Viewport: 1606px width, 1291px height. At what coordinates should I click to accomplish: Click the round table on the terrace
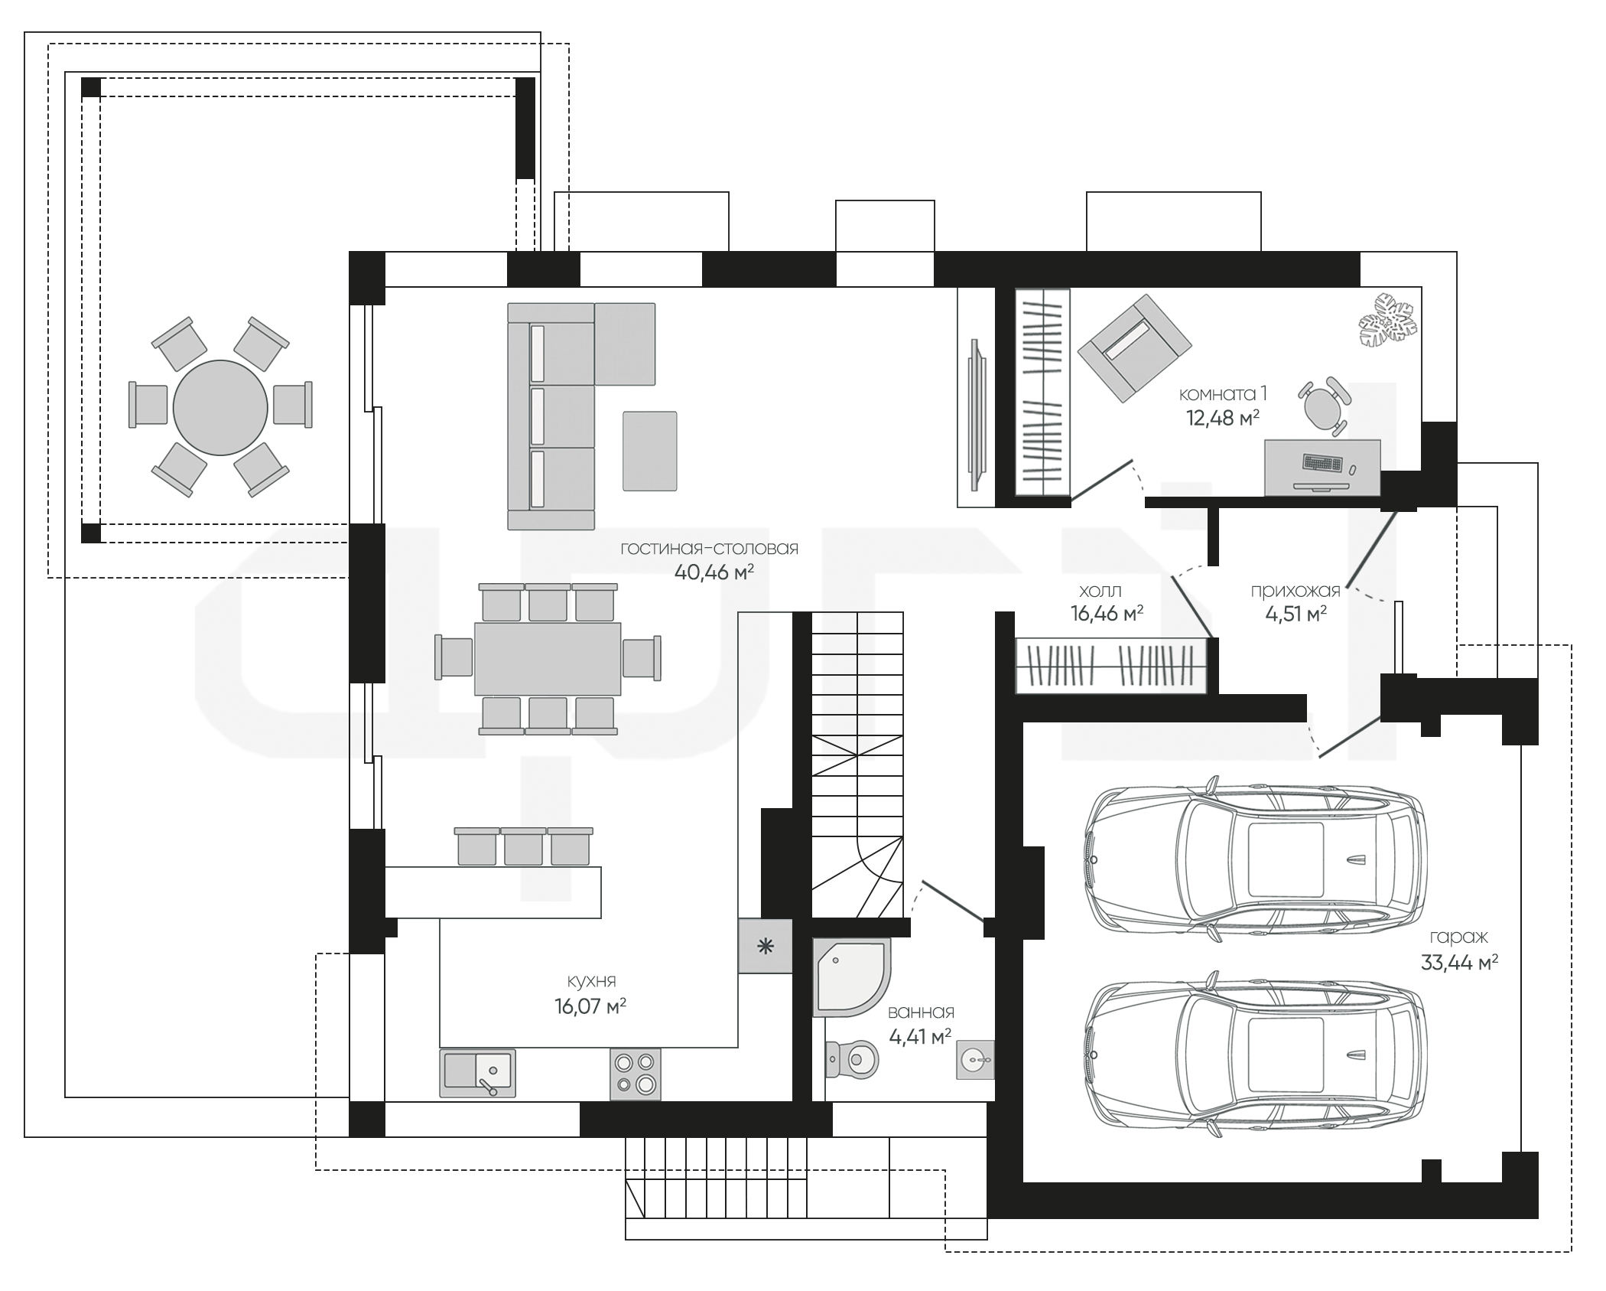(220, 408)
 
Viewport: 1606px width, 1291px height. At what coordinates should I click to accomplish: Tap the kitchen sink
(477, 1073)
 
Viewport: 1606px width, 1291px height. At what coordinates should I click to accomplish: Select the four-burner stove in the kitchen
(636, 1074)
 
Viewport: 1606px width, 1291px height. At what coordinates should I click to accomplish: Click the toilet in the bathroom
(851, 1059)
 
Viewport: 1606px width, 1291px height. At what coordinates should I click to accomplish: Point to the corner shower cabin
(850, 977)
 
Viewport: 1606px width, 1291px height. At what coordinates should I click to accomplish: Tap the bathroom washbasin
(975, 1060)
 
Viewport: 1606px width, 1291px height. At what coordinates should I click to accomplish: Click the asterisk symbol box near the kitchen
(765, 946)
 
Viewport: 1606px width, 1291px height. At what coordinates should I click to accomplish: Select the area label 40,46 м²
(714, 572)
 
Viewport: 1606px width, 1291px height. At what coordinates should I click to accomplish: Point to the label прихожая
(1296, 591)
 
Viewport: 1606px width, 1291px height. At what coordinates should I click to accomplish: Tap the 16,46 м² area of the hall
(1107, 613)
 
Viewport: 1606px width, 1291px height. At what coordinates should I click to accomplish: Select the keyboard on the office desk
(1322, 464)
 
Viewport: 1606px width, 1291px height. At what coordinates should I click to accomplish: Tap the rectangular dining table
(548, 658)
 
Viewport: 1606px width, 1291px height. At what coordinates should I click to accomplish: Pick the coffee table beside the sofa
(649, 451)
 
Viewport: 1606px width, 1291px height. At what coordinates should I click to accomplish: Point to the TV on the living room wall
(977, 414)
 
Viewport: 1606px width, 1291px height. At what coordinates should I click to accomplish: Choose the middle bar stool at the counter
(523, 846)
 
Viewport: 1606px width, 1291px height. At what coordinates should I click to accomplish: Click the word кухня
(591, 981)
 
